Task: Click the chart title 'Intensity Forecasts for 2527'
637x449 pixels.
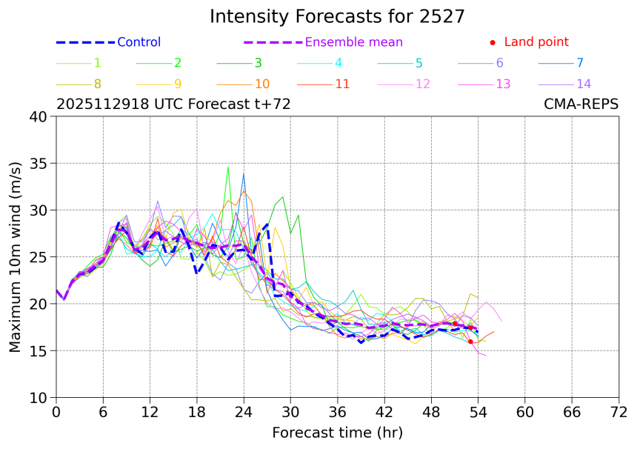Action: point(337,16)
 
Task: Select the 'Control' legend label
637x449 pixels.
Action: point(139,42)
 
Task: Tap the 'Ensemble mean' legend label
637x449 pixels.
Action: point(354,42)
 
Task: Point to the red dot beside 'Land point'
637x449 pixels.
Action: point(493,42)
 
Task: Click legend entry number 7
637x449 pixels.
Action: point(580,63)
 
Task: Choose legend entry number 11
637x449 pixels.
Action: point(342,84)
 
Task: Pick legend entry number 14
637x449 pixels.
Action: point(584,84)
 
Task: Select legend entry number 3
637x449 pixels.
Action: point(258,63)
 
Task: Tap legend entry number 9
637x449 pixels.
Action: point(178,84)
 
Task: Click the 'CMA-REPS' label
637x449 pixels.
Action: point(581,104)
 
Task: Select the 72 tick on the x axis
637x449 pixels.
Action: point(618,411)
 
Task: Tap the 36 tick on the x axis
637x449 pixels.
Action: point(337,411)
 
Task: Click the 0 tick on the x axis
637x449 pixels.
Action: point(56,411)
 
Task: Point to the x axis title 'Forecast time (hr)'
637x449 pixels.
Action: point(337,432)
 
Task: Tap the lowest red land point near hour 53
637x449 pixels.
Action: point(470,342)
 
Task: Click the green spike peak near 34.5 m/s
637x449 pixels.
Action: point(228,167)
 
